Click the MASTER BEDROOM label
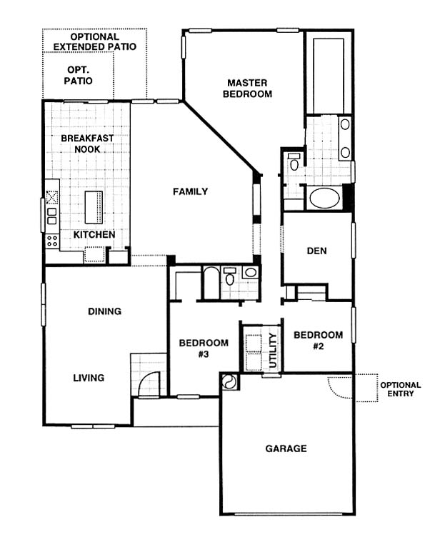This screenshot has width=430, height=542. point(247,89)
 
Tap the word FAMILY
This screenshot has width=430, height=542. point(191,191)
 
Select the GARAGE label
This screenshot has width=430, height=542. point(286,448)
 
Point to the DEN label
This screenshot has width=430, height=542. point(316,251)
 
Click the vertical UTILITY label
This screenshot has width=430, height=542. point(273,351)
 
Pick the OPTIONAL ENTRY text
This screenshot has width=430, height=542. point(401,389)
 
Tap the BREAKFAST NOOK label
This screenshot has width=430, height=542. point(87,144)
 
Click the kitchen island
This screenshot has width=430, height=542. point(94,207)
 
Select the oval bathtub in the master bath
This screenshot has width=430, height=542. point(324,198)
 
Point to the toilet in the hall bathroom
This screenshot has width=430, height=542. point(229,276)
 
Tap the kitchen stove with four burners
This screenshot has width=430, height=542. point(52,240)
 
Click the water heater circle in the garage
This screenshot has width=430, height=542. point(229,381)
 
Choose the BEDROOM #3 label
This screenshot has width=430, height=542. point(204,348)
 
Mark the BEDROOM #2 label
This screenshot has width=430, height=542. point(319,341)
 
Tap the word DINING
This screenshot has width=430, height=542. point(104,311)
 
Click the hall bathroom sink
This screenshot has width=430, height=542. point(251,272)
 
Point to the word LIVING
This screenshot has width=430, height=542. point(89,378)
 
